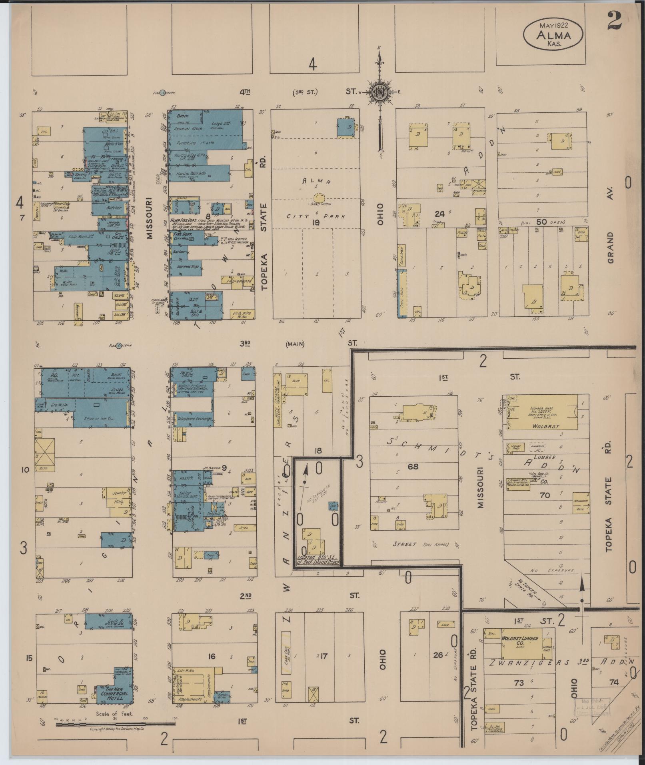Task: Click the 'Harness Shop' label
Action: pyautogui.click(x=185, y=266)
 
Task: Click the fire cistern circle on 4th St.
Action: pyautogui.click(x=162, y=93)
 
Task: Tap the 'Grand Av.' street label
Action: pyautogui.click(x=610, y=248)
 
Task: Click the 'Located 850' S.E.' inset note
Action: pyautogui.click(x=318, y=559)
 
